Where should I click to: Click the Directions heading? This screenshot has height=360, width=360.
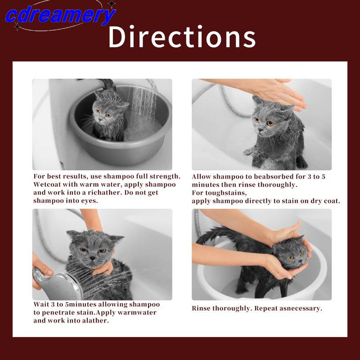[x=182, y=37]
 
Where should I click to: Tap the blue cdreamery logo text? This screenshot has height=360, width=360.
[x=60, y=15]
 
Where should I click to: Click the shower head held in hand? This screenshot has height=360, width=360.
[x=58, y=284]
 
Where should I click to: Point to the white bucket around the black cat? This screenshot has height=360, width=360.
[x=262, y=271]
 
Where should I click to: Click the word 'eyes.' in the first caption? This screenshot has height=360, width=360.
[x=89, y=201]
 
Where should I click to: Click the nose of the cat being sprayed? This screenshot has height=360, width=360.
[x=93, y=258]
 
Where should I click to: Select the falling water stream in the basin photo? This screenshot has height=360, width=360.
[x=144, y=108]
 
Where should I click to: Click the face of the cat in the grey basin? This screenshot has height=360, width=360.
[x=103, y=114]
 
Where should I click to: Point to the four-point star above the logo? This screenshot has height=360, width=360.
[x=112, y=4]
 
